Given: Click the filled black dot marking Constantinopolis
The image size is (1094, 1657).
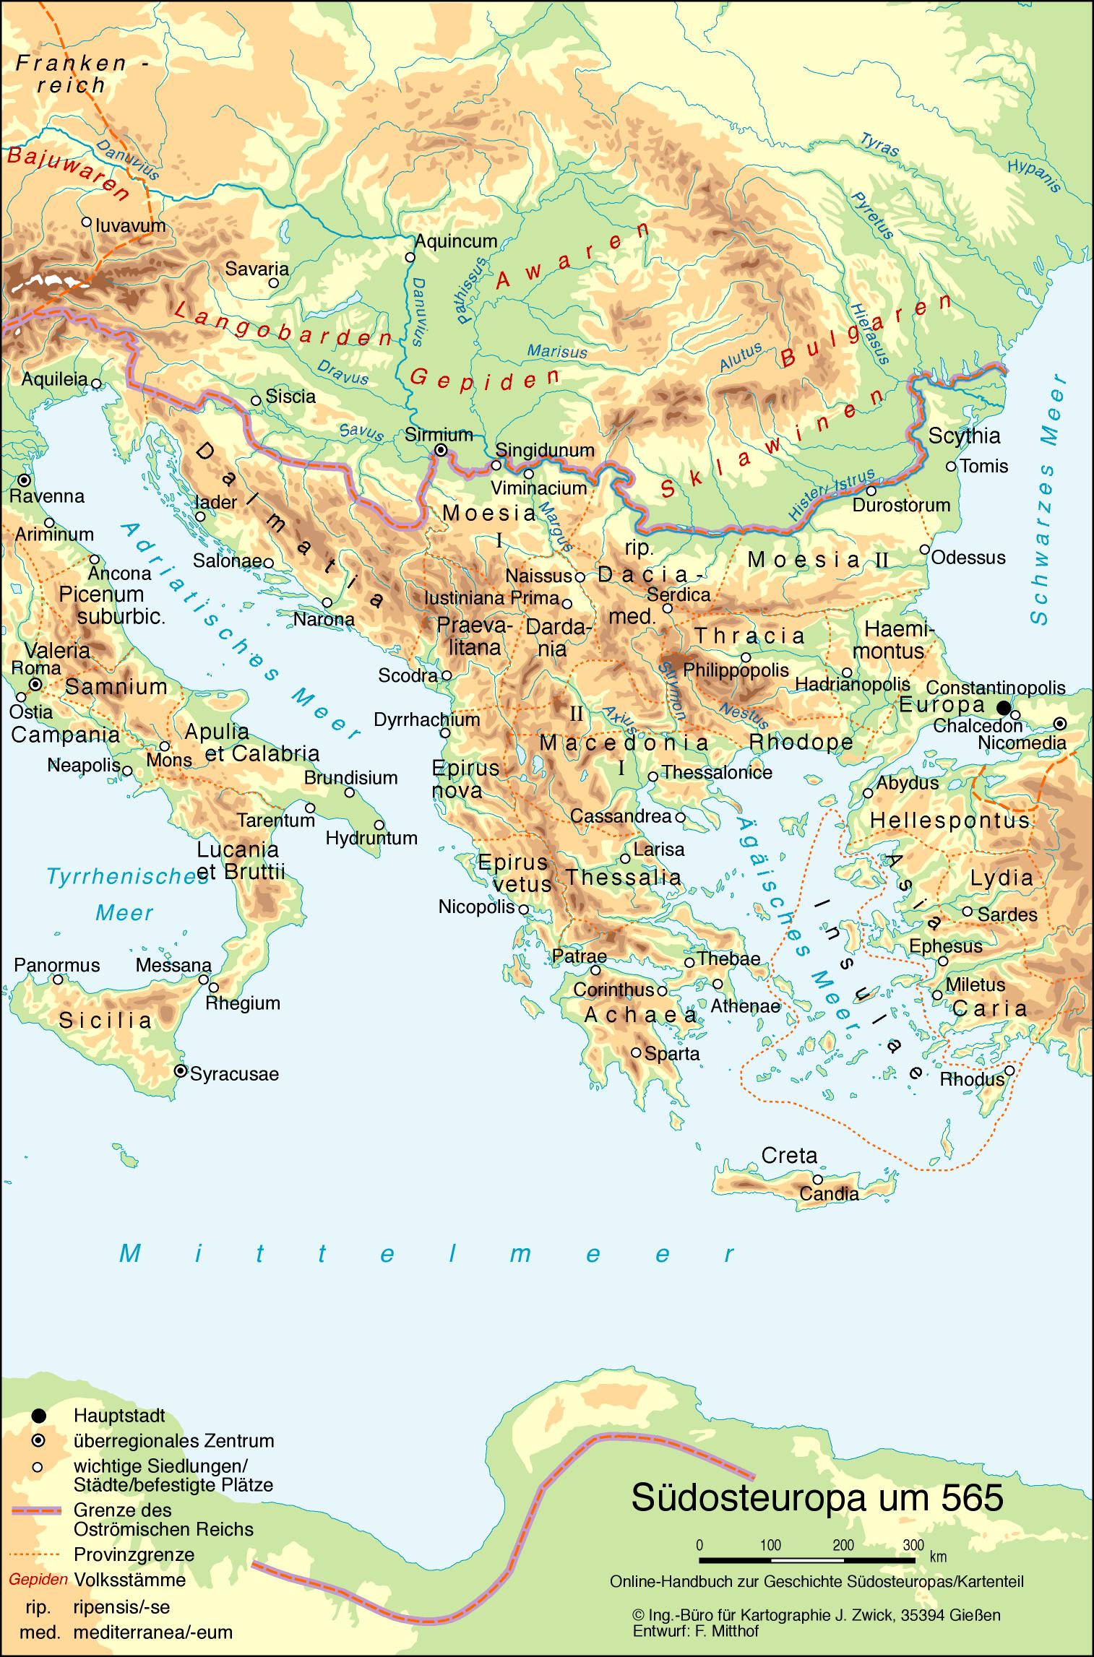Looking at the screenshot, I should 1003,707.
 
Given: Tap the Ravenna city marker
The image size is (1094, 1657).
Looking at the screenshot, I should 25,480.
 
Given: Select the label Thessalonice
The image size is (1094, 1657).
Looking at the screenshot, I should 717,772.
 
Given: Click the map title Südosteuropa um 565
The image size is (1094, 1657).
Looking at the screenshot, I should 817,1497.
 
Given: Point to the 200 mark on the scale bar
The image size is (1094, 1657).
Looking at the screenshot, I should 843,1545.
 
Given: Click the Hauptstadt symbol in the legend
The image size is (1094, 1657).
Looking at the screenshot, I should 39,1416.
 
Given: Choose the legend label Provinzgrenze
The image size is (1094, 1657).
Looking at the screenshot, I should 134,1554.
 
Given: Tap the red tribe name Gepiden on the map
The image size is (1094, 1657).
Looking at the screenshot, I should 484,378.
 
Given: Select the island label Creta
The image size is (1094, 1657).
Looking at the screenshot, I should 789,1155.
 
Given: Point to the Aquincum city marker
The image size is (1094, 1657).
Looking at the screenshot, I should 410,256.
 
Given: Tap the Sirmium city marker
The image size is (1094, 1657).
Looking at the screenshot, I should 440,449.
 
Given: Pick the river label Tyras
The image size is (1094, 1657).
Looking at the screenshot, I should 879,144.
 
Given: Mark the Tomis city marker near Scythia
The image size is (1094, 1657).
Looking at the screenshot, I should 951,467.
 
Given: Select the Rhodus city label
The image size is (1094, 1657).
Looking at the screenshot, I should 972,1079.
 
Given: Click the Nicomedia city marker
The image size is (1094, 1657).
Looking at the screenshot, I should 1059,723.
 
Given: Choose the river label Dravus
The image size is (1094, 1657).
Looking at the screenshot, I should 343,371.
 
